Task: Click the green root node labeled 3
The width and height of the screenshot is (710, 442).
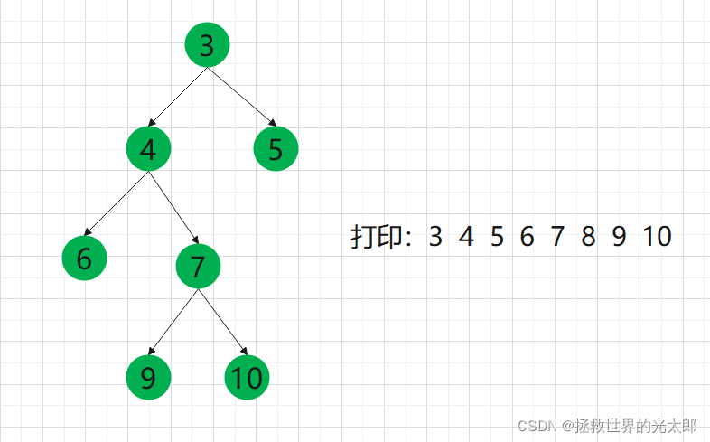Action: (207, 44)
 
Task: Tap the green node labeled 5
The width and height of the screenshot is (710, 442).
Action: (276, 149)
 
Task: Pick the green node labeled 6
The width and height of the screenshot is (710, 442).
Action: (84, 259)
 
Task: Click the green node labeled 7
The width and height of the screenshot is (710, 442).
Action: (198, 266)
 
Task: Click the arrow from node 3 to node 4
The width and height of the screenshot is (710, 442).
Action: (178, 98)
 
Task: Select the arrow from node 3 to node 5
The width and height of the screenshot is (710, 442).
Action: (241, 97)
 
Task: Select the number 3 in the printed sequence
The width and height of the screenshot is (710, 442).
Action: (436, 237)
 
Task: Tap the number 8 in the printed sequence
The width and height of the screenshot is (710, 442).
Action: (588, 237)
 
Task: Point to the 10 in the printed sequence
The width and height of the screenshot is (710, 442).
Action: (658, 237)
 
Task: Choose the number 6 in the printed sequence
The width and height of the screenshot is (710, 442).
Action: (527, 237)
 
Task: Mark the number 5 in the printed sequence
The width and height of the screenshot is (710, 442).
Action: (497, 237)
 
